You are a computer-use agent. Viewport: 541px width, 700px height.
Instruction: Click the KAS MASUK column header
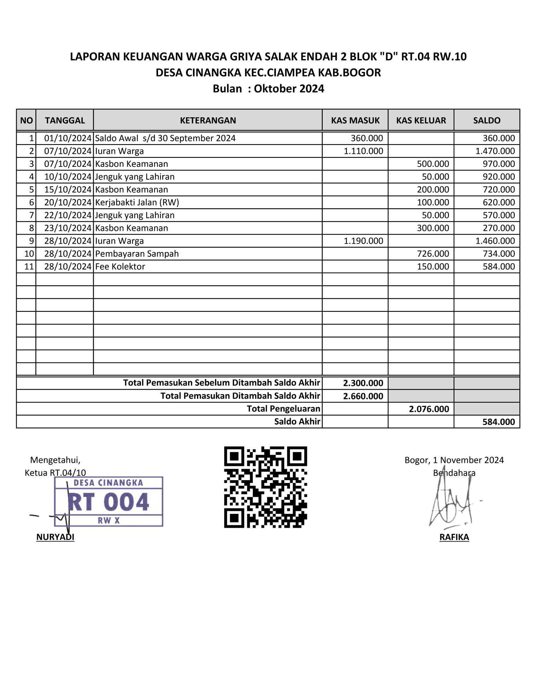pos(355,121)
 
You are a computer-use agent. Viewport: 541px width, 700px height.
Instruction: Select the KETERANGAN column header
pos(208,121)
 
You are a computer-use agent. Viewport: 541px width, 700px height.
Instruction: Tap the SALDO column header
pos(487,121)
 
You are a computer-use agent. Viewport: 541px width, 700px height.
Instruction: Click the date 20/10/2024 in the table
pos(68,203)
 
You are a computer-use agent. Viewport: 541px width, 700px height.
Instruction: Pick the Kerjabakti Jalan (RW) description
pos(137,203)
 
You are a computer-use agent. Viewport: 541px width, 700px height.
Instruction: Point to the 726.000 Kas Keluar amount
pos(433,254)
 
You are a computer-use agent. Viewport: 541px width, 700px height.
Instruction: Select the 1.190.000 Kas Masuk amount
pos(363,241)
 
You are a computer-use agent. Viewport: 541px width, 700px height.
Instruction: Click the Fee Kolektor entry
pos(120,267)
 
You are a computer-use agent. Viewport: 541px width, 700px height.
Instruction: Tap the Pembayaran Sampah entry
pos(137,254)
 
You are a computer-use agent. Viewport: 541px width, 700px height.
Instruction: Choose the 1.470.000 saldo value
pos(495,151)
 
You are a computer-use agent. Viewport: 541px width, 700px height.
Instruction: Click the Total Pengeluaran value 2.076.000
pos(429,409)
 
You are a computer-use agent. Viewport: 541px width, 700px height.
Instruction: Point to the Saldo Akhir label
pos(297,422)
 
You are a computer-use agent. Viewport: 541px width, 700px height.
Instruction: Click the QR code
pos(266,487)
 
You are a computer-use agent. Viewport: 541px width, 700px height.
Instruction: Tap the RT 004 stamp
pos(109,502)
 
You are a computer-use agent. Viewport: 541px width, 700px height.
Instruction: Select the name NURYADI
pos(55,537)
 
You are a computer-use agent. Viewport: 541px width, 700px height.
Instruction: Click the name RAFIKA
pos(454,537)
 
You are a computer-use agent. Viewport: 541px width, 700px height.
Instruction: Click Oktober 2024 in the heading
pos(289,89)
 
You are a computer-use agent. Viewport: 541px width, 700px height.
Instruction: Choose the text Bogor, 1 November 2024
pos(454,460)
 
